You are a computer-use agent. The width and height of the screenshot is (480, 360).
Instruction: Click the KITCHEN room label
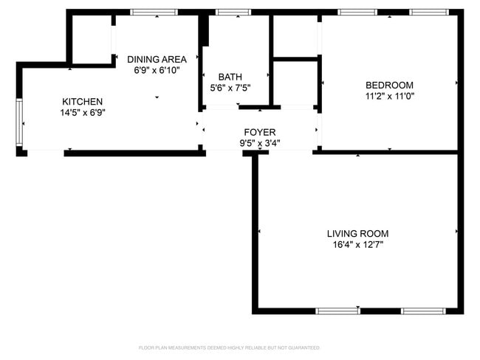(82, 102)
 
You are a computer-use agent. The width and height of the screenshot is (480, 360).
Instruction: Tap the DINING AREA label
(157, 59)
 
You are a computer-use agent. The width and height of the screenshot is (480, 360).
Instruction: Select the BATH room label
(230, 77)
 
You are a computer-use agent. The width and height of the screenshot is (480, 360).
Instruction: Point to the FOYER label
(260, 132)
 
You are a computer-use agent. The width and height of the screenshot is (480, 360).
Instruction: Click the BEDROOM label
(389, 85)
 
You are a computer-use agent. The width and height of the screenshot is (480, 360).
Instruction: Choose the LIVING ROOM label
(357, 233)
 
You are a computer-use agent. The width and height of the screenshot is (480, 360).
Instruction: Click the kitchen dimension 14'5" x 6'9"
(82, 113)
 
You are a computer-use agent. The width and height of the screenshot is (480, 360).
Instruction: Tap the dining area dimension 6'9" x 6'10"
(157, 70)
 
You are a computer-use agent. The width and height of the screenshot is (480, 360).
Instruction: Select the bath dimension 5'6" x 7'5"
(230, 88)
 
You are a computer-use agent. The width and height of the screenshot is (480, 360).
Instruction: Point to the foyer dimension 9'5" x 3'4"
(260, 143)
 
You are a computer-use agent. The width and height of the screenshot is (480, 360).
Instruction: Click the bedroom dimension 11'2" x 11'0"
(389, 96)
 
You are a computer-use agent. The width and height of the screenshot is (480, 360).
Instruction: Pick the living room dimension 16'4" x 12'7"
(357, 244)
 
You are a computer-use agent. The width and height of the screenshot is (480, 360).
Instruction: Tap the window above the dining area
(154, 12)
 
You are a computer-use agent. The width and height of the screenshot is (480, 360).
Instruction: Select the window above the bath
(233, 12)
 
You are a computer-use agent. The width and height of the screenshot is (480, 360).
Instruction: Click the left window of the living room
(337, 311)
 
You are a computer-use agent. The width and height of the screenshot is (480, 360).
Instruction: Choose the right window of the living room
(422, 311)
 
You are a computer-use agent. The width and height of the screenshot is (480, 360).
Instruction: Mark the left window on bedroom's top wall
(358, 12)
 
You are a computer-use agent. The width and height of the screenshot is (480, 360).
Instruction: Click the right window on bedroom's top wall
(429, 12)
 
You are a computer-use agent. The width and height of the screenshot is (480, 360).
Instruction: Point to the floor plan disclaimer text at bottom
(230, 347)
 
